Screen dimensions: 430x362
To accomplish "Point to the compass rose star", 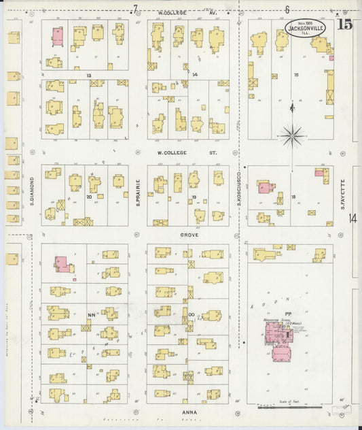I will (293, 136).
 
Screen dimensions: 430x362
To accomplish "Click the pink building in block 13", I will (58, 37).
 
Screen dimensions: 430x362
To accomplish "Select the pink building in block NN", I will (62, 264).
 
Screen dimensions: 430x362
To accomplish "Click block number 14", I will (195, 73).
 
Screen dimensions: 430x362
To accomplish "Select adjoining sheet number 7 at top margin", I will (135, 9).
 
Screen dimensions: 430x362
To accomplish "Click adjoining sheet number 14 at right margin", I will (352, 218).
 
